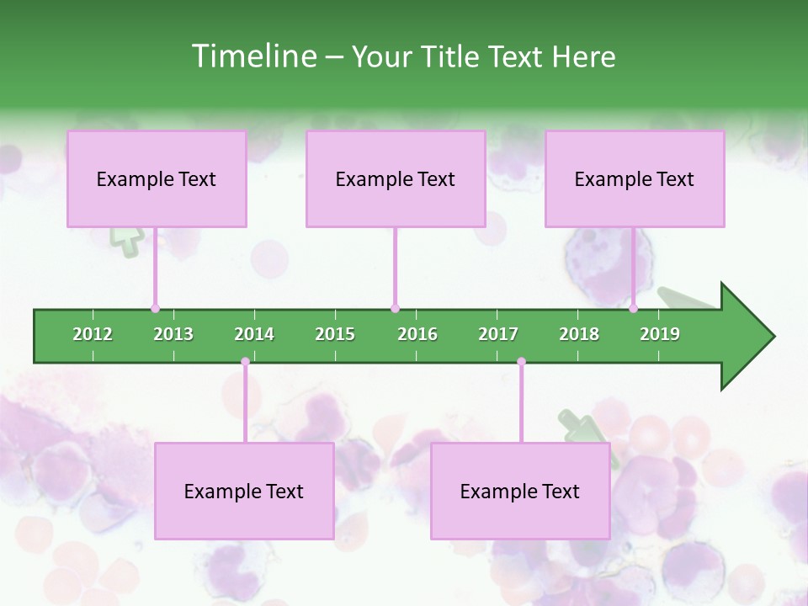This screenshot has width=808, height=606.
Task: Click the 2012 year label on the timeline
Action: click(x=93, y=334)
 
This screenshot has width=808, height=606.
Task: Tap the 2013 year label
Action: click(x=173, y=334)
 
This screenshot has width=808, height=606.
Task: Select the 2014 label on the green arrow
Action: click(x=254, y=334)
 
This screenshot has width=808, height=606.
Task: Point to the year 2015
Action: click(x=335, y=334)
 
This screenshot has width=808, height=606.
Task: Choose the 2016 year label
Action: click(x=417, y=334)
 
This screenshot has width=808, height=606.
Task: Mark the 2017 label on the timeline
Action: click(x=498, y=334)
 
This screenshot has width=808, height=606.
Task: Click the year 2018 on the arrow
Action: click(x=579, y=334)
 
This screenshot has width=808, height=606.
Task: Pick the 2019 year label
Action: click(x=660, y=334)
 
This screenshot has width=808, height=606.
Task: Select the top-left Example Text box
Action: click(x=157, y=178)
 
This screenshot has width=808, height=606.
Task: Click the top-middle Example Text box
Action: click(x=396, y=178)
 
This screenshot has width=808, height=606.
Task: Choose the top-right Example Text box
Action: click(x=635, y=178)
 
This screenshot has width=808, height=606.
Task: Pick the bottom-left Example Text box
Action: click(x=244, y=491)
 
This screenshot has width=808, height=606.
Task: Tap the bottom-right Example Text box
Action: click(x=520, y=491)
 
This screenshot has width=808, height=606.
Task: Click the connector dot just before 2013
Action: click(x=155, y=308)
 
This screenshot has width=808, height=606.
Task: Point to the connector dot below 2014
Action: click(x=245, y=362)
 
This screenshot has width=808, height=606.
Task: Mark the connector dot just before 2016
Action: click(x=395, y=308)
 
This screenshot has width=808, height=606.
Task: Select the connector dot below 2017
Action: click(x=521, y=362)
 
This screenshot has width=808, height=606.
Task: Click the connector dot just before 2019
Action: click(x=633, y=308)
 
